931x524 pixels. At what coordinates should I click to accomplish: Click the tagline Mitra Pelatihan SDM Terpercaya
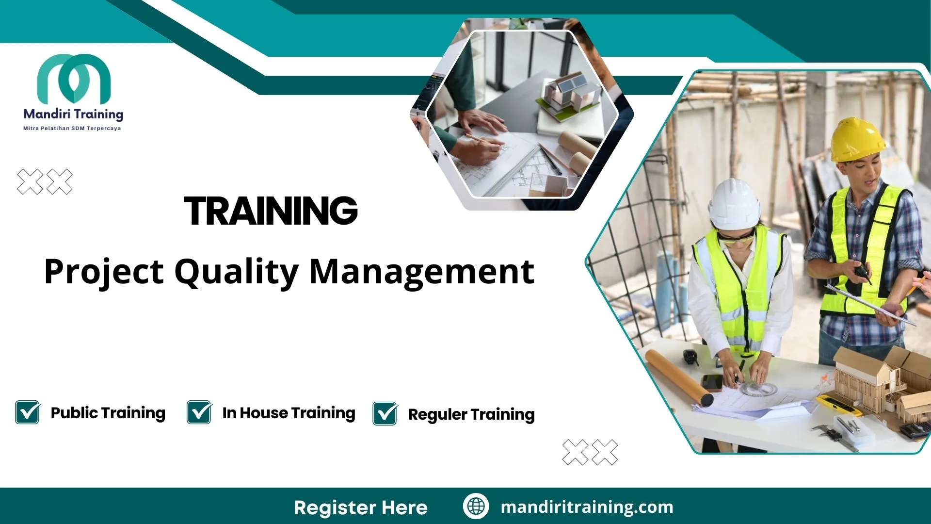pos(72,129)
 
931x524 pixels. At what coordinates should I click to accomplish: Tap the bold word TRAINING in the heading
pos(271,211)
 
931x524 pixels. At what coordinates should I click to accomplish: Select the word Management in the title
pos(422,272)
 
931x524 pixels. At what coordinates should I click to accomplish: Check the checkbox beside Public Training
pos(28,412)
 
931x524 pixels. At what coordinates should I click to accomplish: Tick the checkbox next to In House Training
pos(199,412)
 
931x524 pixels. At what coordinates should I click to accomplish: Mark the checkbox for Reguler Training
pos(385,414)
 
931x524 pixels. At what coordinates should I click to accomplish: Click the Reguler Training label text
pos(471,414)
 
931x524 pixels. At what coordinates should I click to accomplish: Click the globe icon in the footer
pos(476,507)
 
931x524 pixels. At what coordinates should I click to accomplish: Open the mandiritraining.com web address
pos(587,507)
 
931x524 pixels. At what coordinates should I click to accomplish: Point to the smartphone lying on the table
pos(712,382)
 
